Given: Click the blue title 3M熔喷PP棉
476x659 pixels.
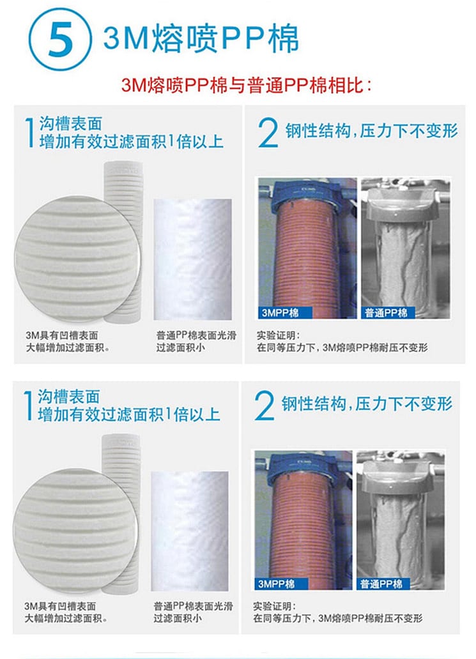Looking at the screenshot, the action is click(201, 39).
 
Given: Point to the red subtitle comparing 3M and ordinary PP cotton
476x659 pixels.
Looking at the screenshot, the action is click(247, 86).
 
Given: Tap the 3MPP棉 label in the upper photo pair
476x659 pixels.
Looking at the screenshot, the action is click(285, 312).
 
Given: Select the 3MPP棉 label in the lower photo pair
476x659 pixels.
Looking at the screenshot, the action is click(281, 584).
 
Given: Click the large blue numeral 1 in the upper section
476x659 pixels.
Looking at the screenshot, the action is click(29, 132).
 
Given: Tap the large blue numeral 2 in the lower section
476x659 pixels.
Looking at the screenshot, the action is click(265, 405).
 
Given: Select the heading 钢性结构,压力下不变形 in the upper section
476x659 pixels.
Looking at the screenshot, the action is click(372, 131).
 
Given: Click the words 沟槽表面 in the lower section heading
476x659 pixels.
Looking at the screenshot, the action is click(69, 397).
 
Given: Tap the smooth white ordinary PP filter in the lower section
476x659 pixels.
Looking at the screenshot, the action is click(190, 531).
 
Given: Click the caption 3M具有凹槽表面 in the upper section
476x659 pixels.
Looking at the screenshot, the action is click(62, 335).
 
